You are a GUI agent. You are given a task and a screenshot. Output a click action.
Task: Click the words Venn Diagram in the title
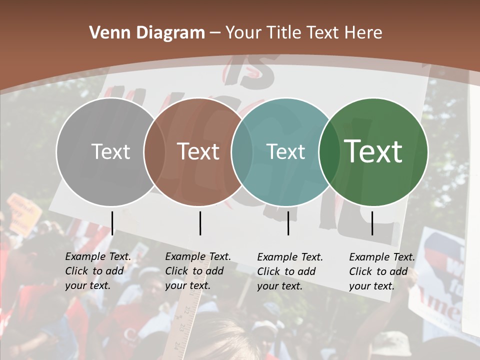click(x=147, y=33)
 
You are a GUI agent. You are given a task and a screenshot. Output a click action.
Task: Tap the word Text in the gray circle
click(x=110, y=151)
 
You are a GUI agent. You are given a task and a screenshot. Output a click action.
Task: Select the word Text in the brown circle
click(x=198, y=151)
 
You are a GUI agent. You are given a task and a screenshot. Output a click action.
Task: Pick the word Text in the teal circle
click(x=286, y=151)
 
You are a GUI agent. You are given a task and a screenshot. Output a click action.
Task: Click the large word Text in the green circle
click(x=373, y=151)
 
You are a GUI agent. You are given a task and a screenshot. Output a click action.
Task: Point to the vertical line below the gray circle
click(x=112, y=223)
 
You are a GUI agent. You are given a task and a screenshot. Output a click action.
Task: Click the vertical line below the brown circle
click(x=200, y=223)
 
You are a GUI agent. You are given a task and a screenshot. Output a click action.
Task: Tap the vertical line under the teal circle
click(x=288, y=223)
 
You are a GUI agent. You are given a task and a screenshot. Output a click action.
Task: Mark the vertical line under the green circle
click(x=372, y=223)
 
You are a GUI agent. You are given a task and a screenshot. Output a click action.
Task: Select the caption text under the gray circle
click(x=98, y=271)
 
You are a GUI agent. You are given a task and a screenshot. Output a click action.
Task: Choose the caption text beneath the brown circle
click(x=198, y=271)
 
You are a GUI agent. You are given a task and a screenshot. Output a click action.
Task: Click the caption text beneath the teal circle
click(x=290, y=271)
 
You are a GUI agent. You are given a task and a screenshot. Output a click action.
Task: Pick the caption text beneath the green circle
click(x=382, y=271)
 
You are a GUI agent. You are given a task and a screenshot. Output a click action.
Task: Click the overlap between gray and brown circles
click(x=154, y=151)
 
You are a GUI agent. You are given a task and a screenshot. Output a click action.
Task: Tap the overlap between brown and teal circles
click(x=242, y=151)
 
